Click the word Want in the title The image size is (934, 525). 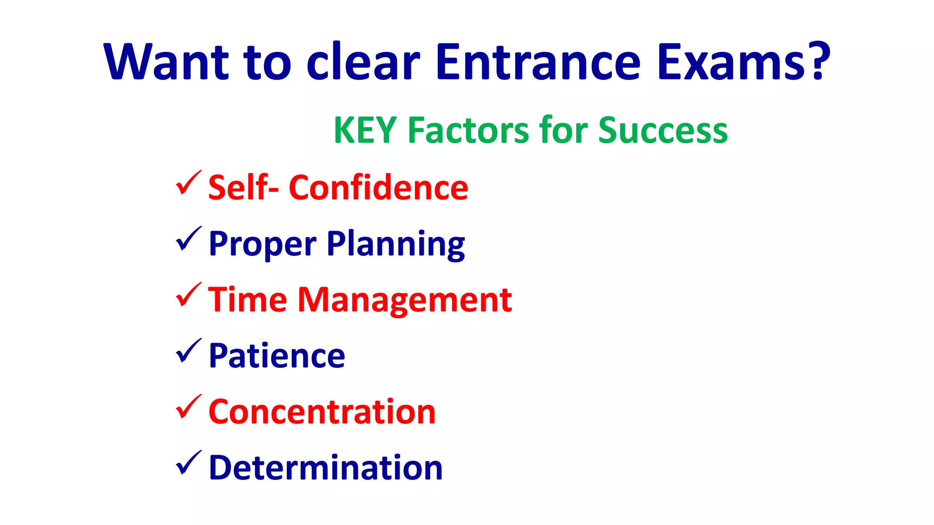tap(166, 62)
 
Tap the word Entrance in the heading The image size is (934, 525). tap(538, 62)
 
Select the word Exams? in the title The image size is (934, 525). tap(743, 62)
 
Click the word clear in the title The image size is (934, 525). tap(363, 62)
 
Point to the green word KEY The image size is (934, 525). tap(365, 130)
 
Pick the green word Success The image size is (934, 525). tap(663, 130)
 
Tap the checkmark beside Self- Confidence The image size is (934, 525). tap(188, 183)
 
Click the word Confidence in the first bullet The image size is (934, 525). tap(379, 187)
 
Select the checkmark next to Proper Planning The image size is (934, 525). tap(188, 239)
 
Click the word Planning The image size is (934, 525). tap(396, 244)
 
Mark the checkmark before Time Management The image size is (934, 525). tap(188, 295)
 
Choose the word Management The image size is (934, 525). tap(405, 300)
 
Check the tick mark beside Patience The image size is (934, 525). tap(188, 351)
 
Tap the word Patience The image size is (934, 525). tap(277, 355)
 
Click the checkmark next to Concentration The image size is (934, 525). tap(188, 407)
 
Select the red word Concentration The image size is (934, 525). tap(322, 412)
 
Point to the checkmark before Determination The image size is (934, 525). tap(188, 463)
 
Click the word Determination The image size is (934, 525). tap(326, 468)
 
